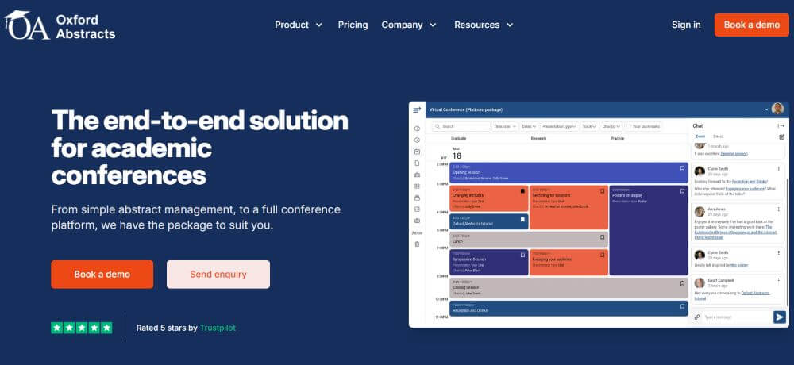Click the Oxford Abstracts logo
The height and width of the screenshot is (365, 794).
[x=60, y=25]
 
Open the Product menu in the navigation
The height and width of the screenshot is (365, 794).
[x=299, y=25]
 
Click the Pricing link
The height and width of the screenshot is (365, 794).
[x=353, y=25]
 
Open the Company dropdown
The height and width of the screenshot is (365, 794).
[x=409, y=25]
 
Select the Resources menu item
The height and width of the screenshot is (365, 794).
[x=484, y=25]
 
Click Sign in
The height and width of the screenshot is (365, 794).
[x=686, y=25]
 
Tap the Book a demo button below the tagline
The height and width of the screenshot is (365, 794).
[x=102, y=275]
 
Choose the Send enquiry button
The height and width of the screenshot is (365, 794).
[x=218, y=275]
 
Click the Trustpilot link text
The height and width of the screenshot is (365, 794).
[x=218, y=328]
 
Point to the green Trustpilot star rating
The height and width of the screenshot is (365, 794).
[x=82, y=328]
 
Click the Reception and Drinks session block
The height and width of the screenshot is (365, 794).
[x=568, y=308]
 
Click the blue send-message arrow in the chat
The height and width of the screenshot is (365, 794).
[x=779, y=317]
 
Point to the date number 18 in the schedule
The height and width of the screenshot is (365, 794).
[x=457, y=156]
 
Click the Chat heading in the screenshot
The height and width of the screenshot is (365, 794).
[x=698, y=126]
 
